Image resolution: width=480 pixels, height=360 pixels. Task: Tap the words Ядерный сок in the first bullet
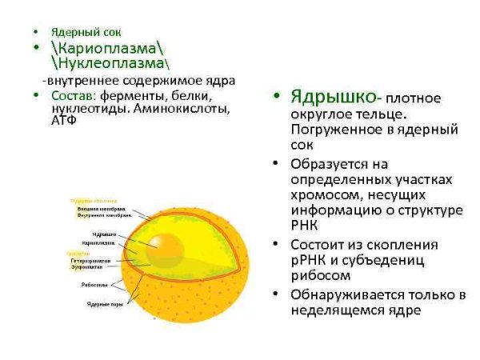coord(75,32)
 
